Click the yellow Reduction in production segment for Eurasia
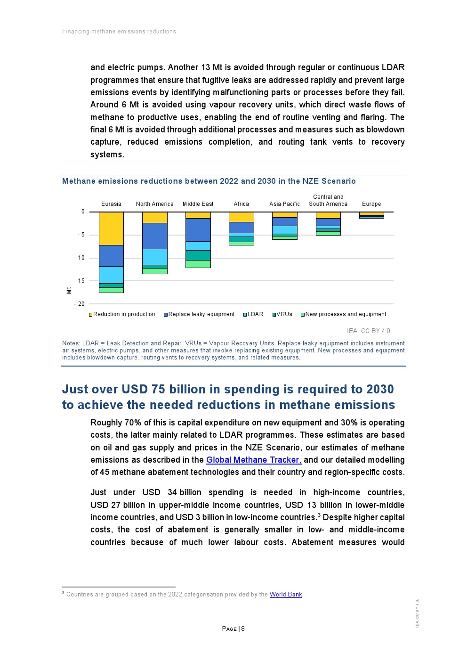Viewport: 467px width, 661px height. tap(111, 228)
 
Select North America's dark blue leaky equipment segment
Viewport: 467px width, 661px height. tap(154, 236)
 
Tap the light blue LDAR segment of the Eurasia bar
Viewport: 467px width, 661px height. tap(111, 275)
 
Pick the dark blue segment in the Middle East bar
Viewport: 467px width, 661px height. tap(198, 229)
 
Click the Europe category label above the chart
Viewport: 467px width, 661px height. tap(371, 204)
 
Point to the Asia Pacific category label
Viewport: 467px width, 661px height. tap(284, 204)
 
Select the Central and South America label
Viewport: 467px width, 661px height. tap(328, 201)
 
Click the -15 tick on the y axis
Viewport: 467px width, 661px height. tap(80, 281)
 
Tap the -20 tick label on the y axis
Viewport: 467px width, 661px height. tap(80, 304)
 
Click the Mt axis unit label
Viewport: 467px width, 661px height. tap(69, 290)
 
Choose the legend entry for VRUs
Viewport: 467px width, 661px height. tap(284, 314)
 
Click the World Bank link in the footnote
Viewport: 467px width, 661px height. tap(286, 595)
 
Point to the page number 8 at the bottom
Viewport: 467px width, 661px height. tap(243, 629)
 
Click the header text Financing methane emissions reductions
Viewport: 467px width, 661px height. tap(119, 32)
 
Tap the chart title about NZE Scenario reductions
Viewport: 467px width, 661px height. tap(209, 181)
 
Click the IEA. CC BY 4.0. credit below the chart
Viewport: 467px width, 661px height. tap(369, 331)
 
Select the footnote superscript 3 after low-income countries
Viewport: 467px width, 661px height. tap(319, 515)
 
